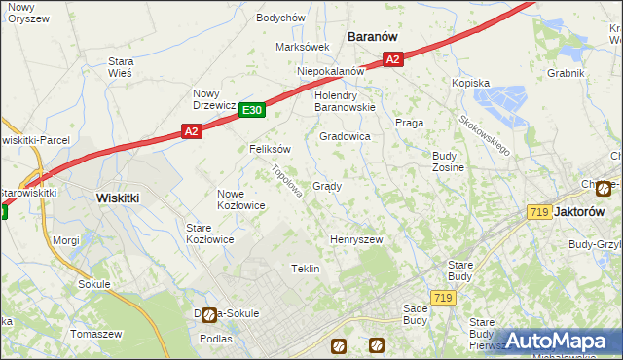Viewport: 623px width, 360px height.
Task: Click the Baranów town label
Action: [x=374, y=37]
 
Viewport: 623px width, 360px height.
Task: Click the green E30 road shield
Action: [x=252, y=111]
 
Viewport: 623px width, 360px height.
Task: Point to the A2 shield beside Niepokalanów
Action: [x=392, y=60]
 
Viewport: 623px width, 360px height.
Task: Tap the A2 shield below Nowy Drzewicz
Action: [x=191, y=131]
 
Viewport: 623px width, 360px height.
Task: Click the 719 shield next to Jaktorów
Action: [x=537, y=212]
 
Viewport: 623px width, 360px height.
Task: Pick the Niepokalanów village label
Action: [x=331, y=71]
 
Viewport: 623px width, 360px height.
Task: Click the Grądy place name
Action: [x=326, y=186]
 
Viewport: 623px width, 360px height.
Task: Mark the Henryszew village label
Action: [x=356, y=239]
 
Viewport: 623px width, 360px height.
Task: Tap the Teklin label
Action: [x=306, y=269]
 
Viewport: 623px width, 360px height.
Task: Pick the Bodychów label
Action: [x=280, y=18]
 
